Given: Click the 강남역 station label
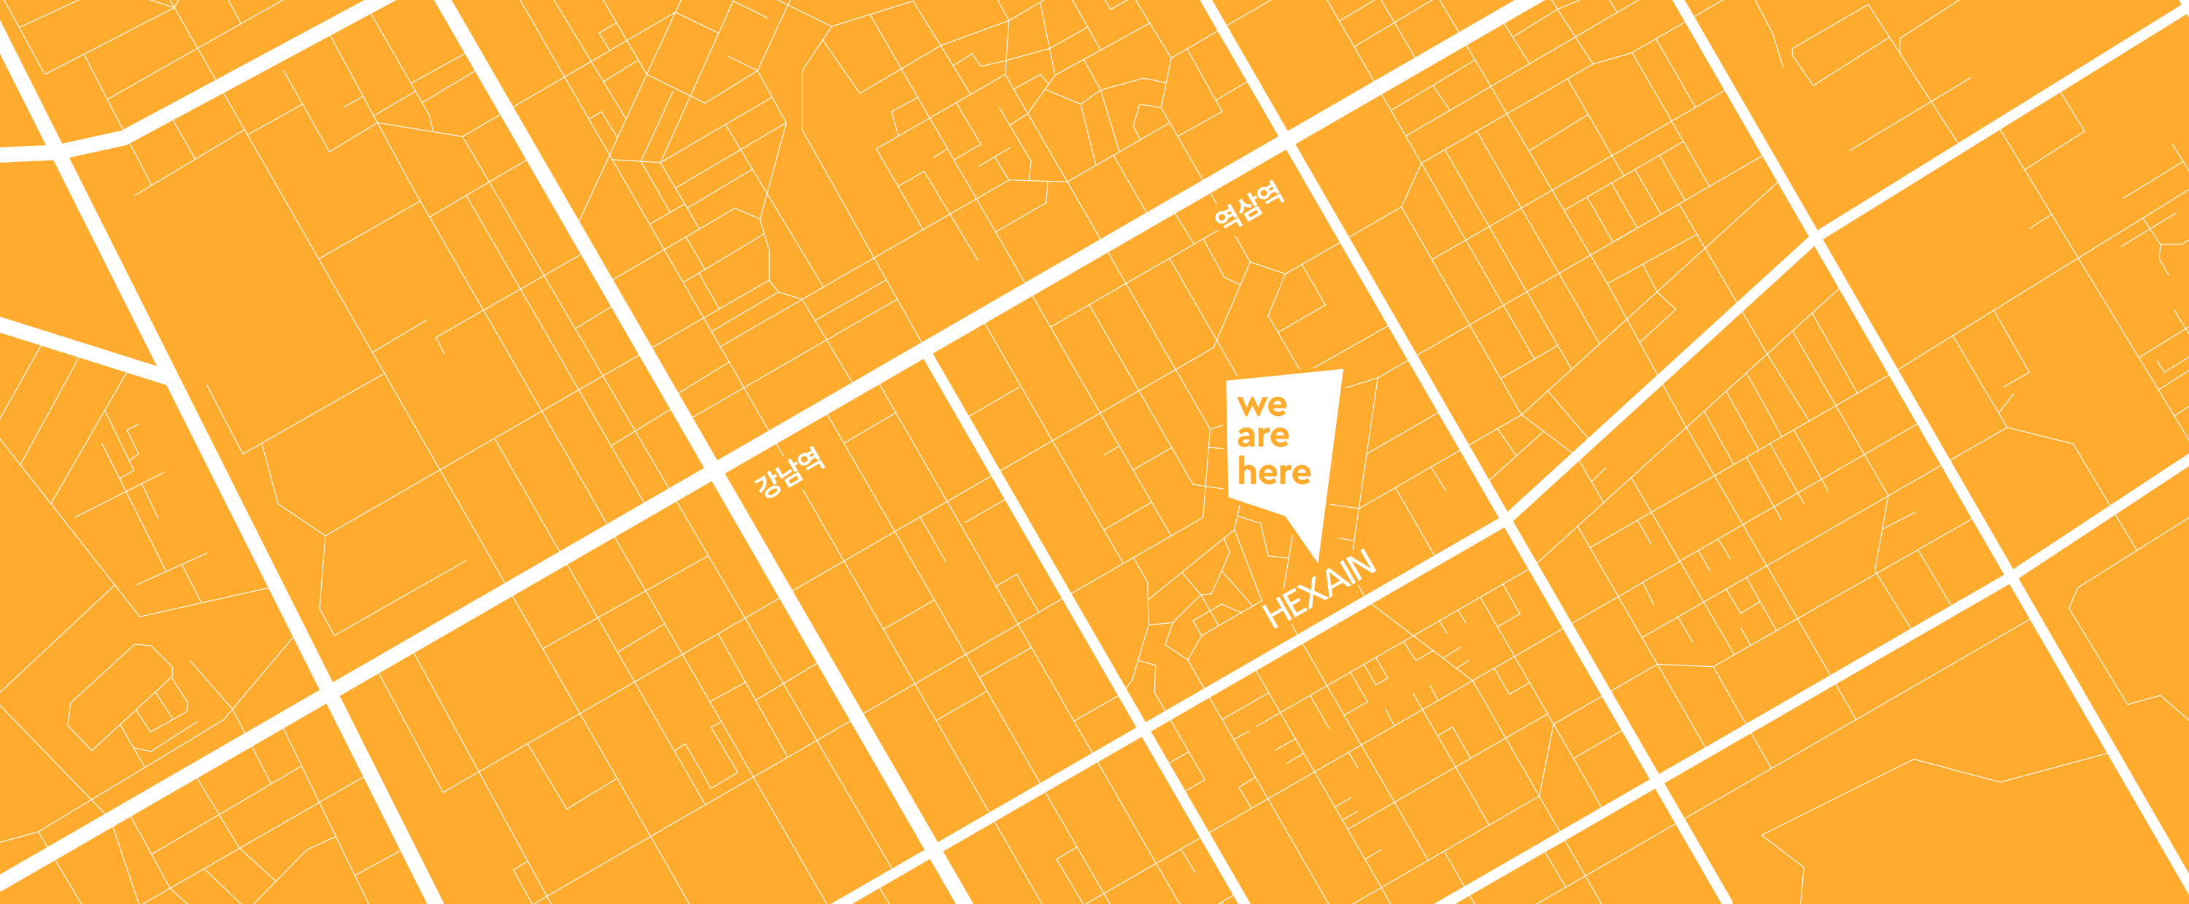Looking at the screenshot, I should point(789,472).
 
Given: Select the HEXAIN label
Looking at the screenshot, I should point(1319,588).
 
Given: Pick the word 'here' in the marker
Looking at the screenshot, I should point(1274,471).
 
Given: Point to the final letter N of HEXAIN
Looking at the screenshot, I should point(1361,564).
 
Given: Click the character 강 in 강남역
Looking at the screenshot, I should point(769,485).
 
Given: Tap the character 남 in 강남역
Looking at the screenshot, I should point(790,472).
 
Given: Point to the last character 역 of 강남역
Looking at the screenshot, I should point(811,460).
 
